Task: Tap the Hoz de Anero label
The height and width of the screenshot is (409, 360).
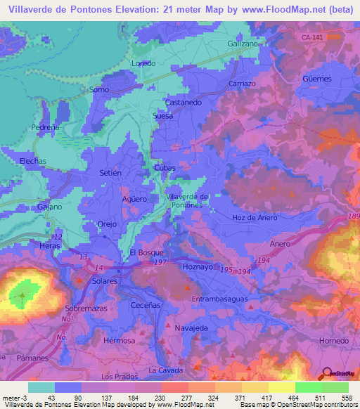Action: (x=253, y=217)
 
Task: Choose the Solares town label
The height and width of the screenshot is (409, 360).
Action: (x=103, y=281)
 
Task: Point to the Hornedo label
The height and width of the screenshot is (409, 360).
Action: (x=333, y=340)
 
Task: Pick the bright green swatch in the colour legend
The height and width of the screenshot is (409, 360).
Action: (x=308, y=387)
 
